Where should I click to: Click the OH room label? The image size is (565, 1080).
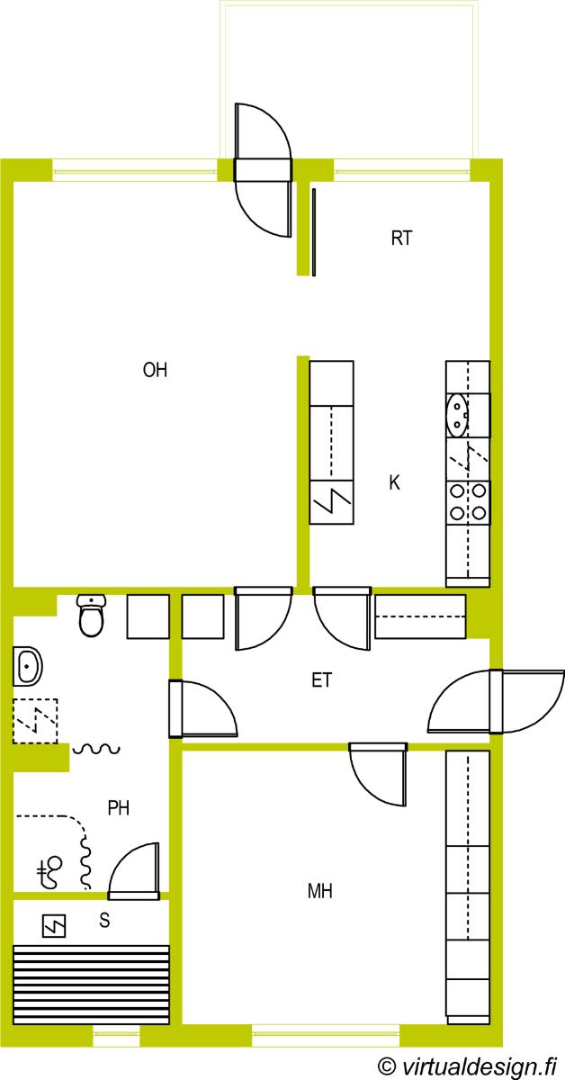(x=156, y=370)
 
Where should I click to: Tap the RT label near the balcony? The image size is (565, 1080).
(x=401, y=238)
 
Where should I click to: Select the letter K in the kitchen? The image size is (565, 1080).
(x=394, y=482)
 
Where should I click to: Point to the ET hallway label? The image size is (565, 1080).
(x=321, y=680)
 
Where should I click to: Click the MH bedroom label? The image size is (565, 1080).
(x=320, y=891)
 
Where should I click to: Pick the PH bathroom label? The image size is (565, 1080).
(x=119, y=807)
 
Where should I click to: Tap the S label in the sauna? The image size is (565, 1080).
(x=104, y=921)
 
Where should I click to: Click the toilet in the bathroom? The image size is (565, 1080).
(x=91, y=615)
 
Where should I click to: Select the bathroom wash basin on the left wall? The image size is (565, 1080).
(x=28, y=667)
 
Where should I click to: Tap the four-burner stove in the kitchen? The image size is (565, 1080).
(x=468, y=502)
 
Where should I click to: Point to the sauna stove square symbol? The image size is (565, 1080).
(x=54, y=926)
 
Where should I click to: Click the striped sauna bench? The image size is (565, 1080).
(x=91, y=985)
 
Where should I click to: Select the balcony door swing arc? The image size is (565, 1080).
(x=277, y=125)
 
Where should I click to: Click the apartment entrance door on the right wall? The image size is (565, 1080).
(x=496, y=701)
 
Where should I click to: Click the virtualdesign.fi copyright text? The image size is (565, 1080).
(x=467, y=1066)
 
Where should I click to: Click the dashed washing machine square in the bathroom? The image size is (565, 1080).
(x=35, y=721)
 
